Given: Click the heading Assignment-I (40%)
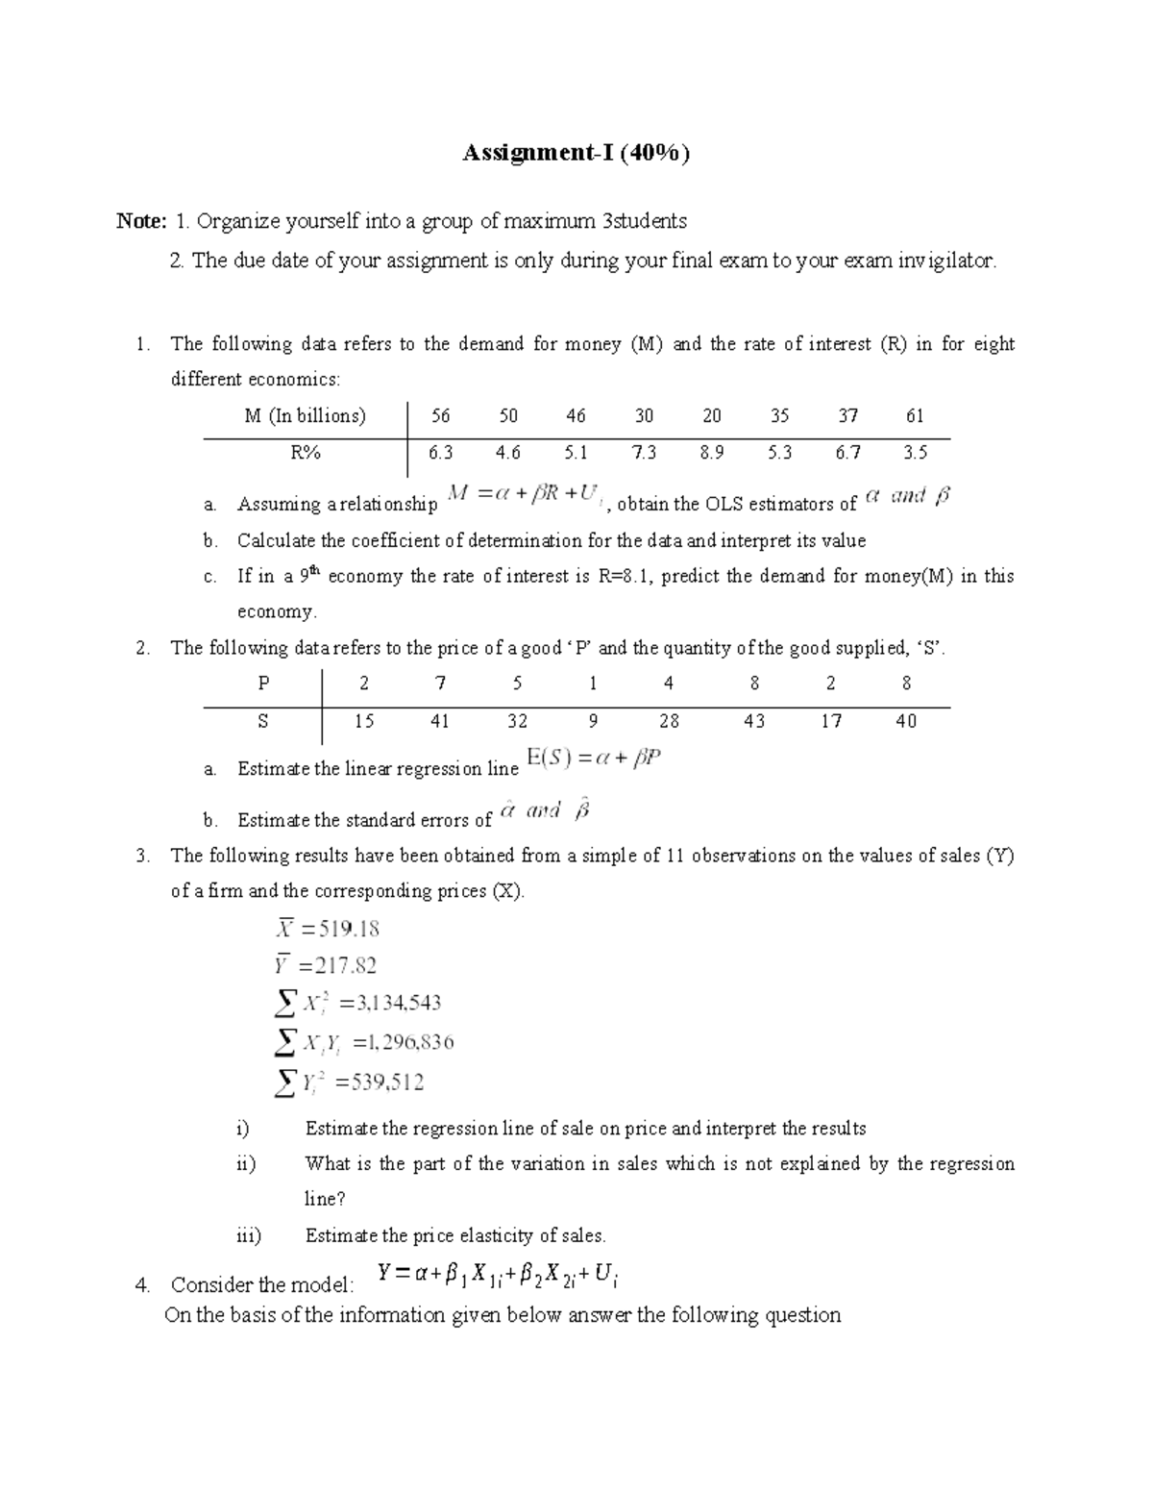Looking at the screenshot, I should (576, 154).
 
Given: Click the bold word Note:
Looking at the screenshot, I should (141, 222).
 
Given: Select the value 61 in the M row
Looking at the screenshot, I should (915, 416).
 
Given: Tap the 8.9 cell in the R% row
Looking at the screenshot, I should (711, 453).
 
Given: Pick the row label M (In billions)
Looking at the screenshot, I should (305, 416).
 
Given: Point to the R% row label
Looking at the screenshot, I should (305, 453).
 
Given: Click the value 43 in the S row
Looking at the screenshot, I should (754, 721).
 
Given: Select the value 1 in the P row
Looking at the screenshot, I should (593, 684).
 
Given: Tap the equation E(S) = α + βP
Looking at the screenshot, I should (595, 759).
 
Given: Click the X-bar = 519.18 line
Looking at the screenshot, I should (328, 929).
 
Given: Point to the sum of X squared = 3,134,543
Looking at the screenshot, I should (357, 1004).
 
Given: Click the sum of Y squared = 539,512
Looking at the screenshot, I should (349, 1082).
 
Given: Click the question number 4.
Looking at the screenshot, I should (142, 1285).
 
